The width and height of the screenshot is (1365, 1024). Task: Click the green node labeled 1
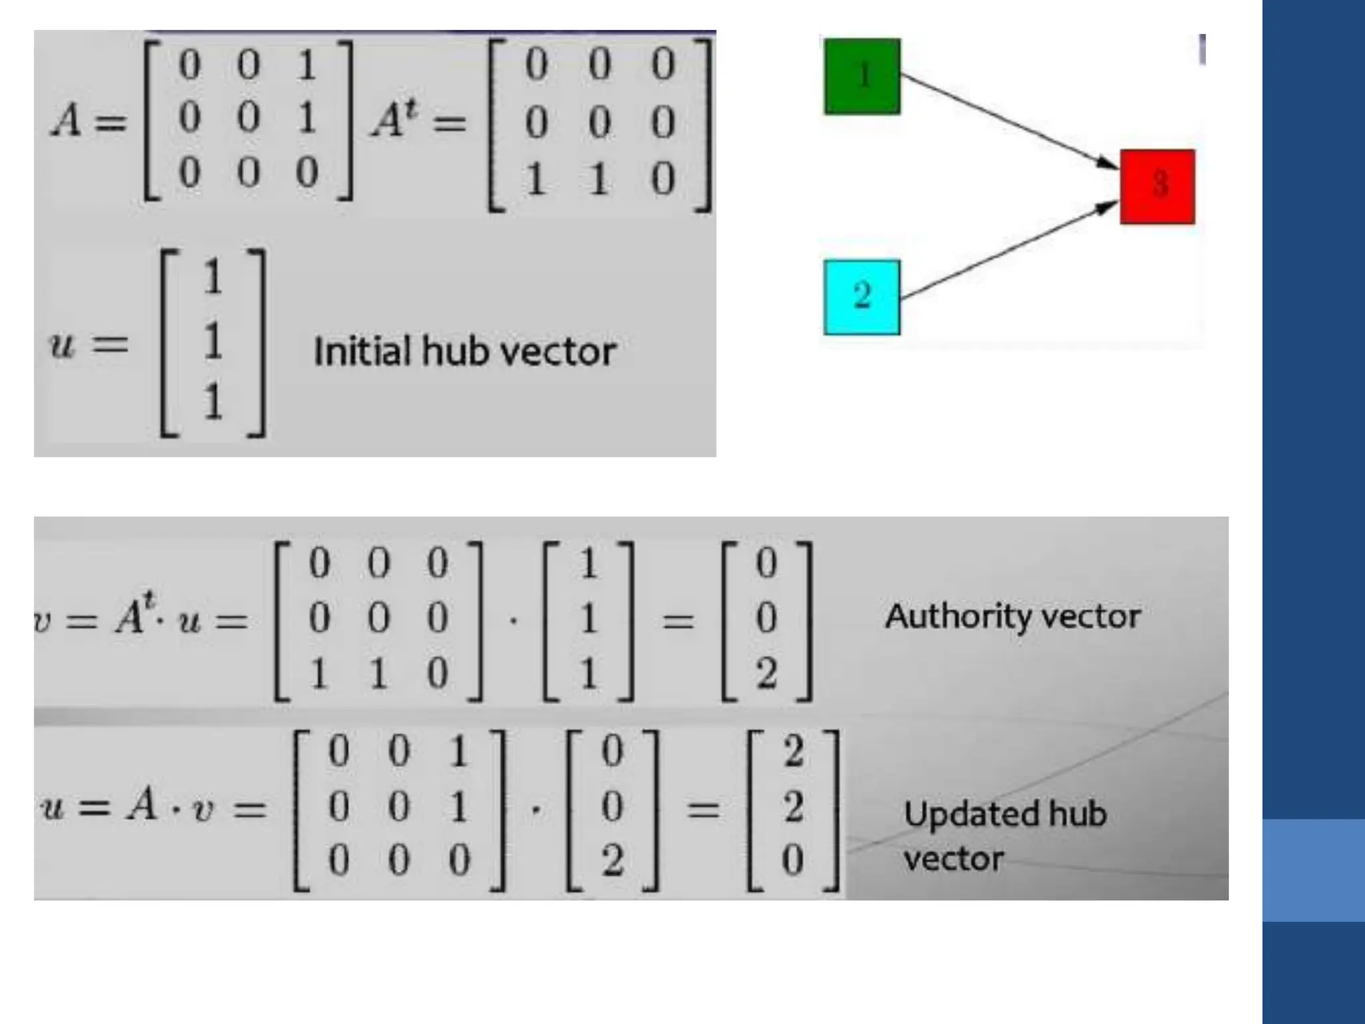(x=862, y=76)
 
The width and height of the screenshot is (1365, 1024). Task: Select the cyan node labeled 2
(x=862, y=297)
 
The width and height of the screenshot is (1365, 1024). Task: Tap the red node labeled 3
(x=1157, y=187)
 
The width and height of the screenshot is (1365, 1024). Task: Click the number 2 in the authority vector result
(x=766, y=673)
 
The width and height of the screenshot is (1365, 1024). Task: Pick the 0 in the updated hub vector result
(x=792, y=859)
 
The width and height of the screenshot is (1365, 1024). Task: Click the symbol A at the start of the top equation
(x=67, y=122)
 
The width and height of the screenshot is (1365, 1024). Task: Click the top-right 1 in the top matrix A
(x=306, y=65)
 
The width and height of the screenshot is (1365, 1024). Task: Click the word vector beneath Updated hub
(x=953, y=859)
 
